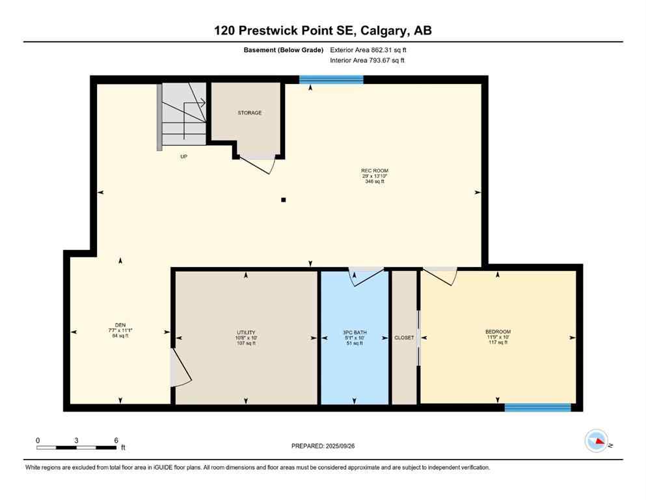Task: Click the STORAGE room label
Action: [249, 113]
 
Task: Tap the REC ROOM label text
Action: [375, 171]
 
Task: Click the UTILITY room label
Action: [245, 332]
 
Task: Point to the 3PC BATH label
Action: [353, 332]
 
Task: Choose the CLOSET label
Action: [404, 338]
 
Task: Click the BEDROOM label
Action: [498, 332]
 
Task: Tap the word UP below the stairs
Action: [184, 157]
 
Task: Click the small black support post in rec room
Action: [283, 200]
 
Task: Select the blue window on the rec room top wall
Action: [331, 79]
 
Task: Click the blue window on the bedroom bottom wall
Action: [537, 408]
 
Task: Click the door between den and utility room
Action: [180, 368]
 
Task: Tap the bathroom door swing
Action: [364, 277]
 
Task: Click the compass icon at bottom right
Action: [597, 441]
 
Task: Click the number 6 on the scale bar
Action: [116, 440]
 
